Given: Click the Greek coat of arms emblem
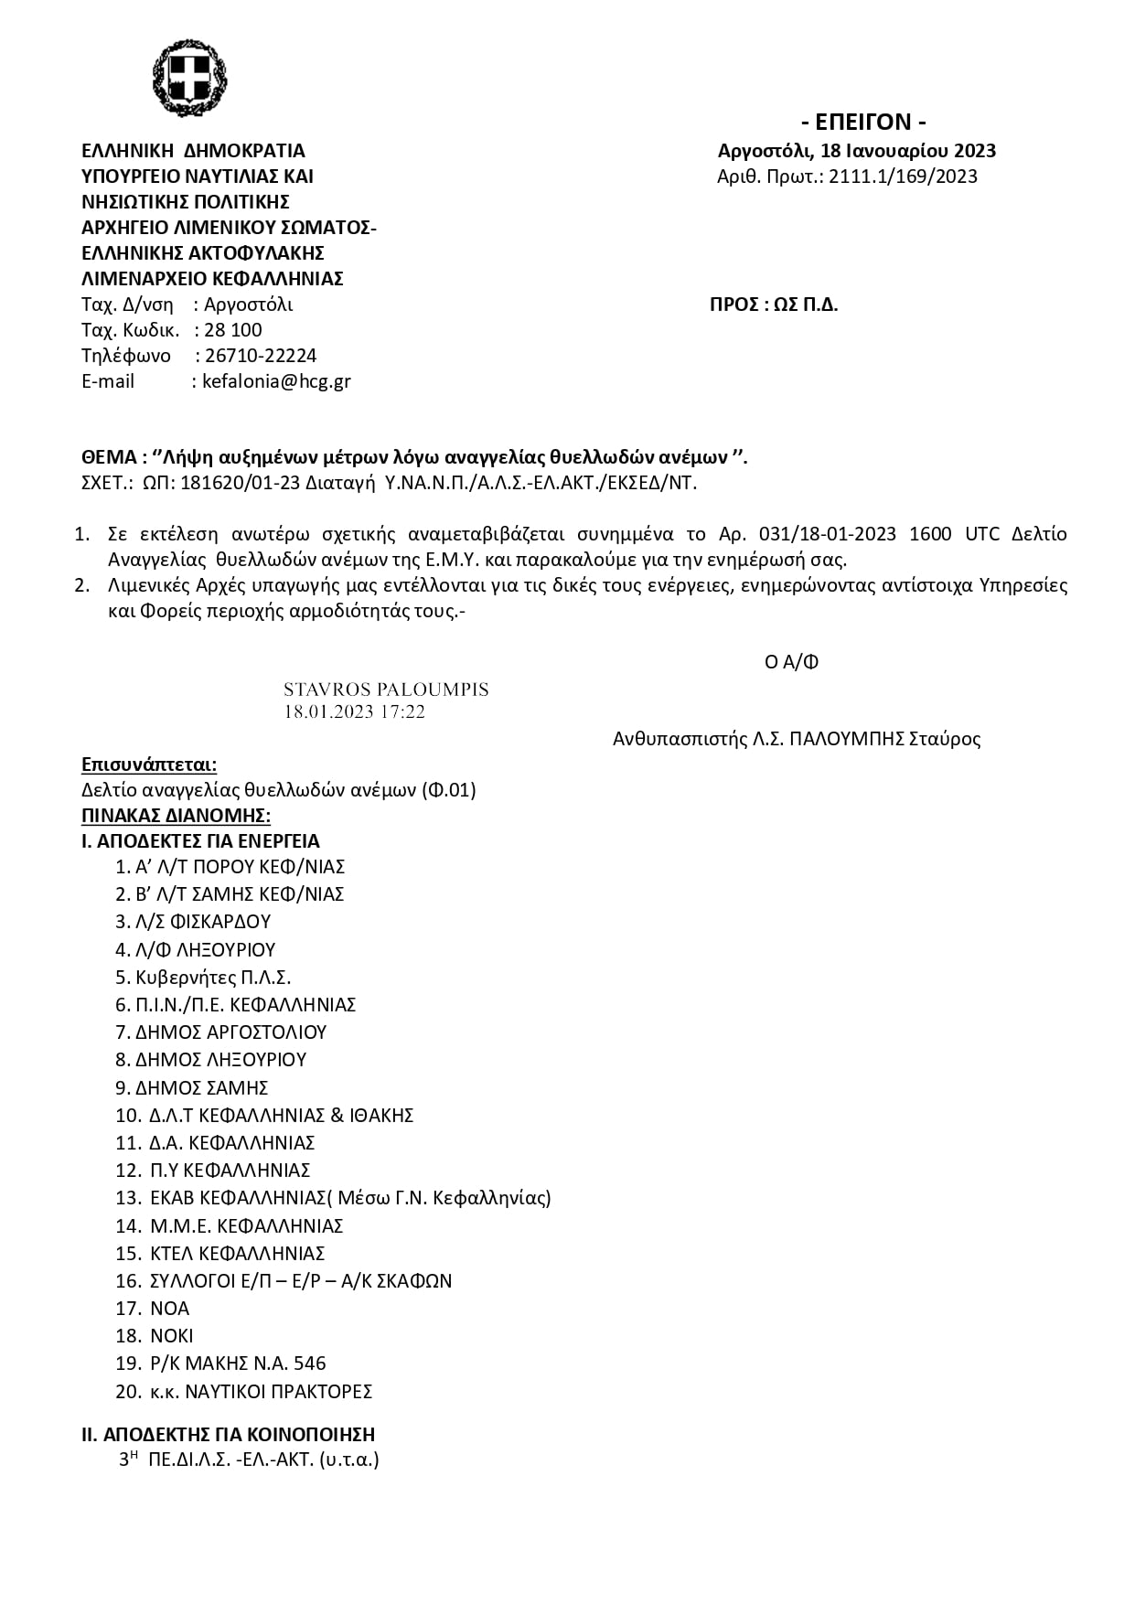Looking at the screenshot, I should pos(189,78).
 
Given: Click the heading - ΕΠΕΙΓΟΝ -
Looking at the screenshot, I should pos(863,123).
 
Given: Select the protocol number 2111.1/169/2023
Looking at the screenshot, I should pos(903,176).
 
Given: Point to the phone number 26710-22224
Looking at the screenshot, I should pos(261,356).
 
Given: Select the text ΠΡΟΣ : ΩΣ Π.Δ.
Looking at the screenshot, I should pos(774,305).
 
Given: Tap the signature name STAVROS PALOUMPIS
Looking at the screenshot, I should pos(386,690).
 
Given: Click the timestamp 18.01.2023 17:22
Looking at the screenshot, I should pos(354,711).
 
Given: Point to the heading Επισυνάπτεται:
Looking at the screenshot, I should pos(149,765).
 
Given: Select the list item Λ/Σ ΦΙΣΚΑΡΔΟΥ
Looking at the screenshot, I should pos(202,922).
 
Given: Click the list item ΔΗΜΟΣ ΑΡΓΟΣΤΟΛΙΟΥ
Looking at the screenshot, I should pos(230,1032).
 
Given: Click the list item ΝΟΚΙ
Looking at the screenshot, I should pos(172,1336).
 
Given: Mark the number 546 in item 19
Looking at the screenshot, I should pos(310,1363).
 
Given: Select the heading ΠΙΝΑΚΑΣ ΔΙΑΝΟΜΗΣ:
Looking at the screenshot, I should pos(176,816).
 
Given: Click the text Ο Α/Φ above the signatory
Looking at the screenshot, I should pos(791,662).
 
